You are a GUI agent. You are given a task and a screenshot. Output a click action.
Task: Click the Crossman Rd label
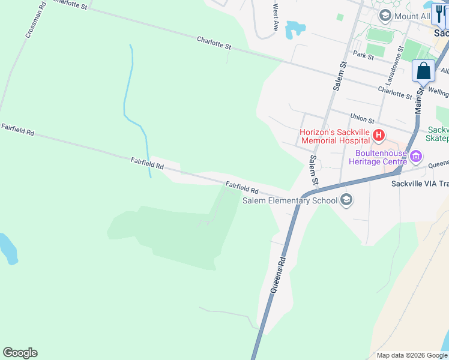(35, 23)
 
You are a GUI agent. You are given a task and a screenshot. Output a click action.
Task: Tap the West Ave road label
(275, 18)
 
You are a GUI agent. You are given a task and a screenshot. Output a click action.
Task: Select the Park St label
(364, 55)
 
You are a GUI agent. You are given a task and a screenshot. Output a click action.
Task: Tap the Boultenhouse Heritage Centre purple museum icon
(415, 157)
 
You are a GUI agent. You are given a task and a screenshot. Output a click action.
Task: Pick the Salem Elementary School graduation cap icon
(346, 200)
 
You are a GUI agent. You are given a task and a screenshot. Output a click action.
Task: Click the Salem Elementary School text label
(290, 200)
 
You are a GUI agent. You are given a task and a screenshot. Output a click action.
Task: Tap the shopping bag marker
(424, 71)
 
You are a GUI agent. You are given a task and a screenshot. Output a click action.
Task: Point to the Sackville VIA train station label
(420, 184)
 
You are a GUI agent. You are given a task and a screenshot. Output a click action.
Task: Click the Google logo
(20, 353)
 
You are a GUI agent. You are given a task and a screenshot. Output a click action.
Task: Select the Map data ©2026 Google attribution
(411, 355)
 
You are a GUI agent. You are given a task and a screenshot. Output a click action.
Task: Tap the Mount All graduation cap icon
(384, 16)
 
